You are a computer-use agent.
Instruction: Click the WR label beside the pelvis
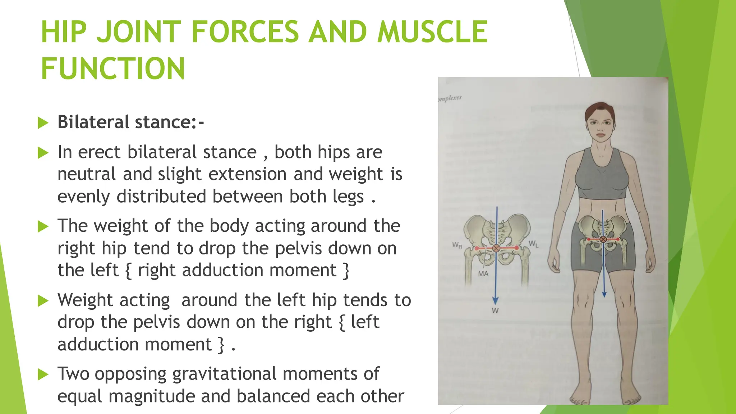[x=457, y=245]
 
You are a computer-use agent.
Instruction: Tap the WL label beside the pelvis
[x=534, y=244]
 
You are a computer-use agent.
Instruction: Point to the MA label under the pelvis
[x=483, y=274]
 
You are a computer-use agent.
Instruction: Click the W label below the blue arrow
[x=495, y=311]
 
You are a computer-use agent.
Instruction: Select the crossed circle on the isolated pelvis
[x=496, y=248]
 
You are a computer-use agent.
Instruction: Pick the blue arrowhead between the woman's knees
[x=604, y=294]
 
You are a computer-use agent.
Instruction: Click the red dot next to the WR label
[x=477, y=248]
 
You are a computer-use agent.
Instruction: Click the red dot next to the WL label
[x=517, y=248]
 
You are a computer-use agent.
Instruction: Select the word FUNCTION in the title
[x=113, y=69]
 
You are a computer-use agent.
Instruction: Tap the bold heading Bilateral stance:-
[x=131, y=122]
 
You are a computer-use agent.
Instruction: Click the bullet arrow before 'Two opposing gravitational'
[x=43, y=375]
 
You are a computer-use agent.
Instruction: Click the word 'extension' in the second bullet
[x=248, y=174]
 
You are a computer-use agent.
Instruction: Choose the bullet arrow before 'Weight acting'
[x=43, y=301]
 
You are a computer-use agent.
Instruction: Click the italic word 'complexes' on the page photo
[x=450, y=98]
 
